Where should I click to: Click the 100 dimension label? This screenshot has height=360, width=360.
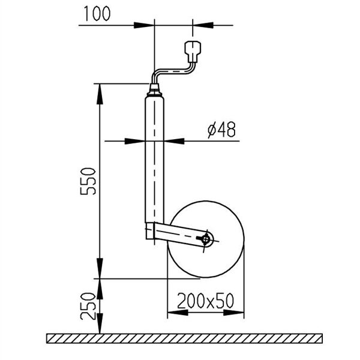97,14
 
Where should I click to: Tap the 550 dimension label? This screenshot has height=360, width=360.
88,181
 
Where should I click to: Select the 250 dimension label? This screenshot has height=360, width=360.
88,306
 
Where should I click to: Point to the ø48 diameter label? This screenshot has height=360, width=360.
221,130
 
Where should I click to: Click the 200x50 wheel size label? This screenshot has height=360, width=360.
205,301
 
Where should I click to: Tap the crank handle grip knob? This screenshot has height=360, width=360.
193,52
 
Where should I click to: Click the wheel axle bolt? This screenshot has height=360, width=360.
205,239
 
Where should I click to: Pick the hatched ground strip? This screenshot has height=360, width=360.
184,338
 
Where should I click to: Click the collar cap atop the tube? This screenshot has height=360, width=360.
154,90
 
